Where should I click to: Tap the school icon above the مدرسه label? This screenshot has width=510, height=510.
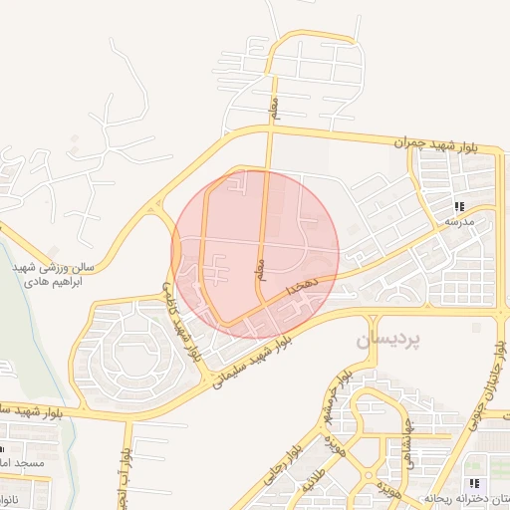coord(459,206)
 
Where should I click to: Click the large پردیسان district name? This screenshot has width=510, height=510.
coord(387,340)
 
